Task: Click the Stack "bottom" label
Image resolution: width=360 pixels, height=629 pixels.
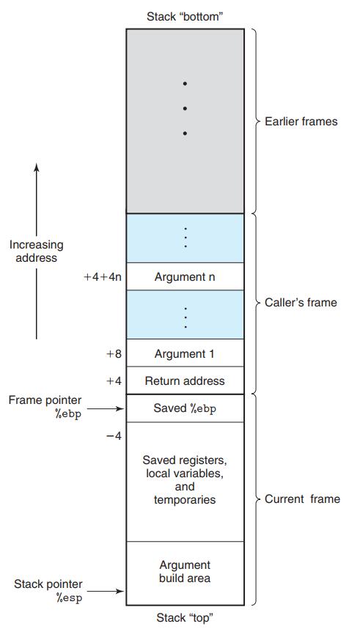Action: (x=185, y=16)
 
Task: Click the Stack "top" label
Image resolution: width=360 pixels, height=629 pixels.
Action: (x=185, y=617)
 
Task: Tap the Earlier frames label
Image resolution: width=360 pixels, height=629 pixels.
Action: (x=301, y=121)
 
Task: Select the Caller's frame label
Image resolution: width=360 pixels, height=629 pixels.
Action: (x=301, y=302)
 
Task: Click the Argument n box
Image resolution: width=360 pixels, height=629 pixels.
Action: (x=185, y=276)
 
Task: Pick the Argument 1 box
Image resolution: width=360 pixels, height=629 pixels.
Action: (x=185, y=353)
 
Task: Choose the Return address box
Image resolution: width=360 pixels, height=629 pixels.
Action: (x=185, y=380)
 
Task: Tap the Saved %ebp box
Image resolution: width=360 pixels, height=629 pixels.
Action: (x=185, y=408)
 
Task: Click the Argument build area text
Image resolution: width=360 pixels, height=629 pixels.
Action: (x=185, y=571)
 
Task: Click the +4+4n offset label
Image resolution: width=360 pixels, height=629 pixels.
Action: (x=103, y=276)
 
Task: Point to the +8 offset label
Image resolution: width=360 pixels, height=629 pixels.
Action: (x=114, y=353)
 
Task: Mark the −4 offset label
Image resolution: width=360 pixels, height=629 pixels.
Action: (x=114, y=436)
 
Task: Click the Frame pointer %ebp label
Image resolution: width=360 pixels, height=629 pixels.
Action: (x=45, y=406)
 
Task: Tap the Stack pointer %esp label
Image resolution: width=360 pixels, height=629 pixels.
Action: (x=48, y=591)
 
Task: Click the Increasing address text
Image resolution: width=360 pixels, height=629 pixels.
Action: (x=36, y=251)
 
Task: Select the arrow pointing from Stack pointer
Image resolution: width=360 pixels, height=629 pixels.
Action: (x=110, y=591)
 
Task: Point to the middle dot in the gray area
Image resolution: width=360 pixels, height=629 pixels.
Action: (x=185, y=108)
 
